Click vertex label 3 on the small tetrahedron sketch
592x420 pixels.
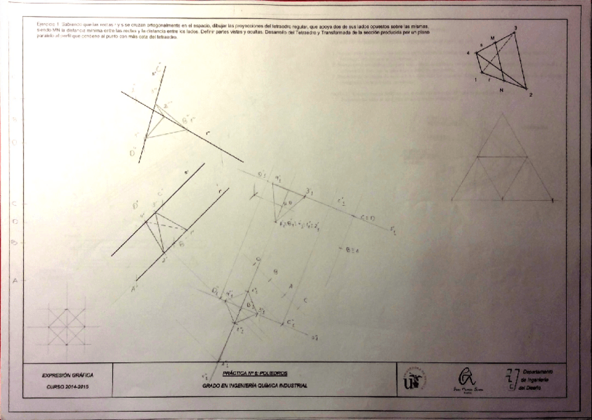pos(515,27)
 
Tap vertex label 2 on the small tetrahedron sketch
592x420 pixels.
pos(531,94)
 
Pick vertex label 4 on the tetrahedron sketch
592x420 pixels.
pos(468,53)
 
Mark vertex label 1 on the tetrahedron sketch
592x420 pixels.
pos(475,80)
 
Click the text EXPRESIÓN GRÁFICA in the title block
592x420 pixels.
pos(68,375)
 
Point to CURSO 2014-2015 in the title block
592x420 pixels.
pos(68,386)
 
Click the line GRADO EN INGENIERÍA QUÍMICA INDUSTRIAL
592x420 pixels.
pos(253,385)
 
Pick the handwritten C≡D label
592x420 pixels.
pos(368,218)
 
